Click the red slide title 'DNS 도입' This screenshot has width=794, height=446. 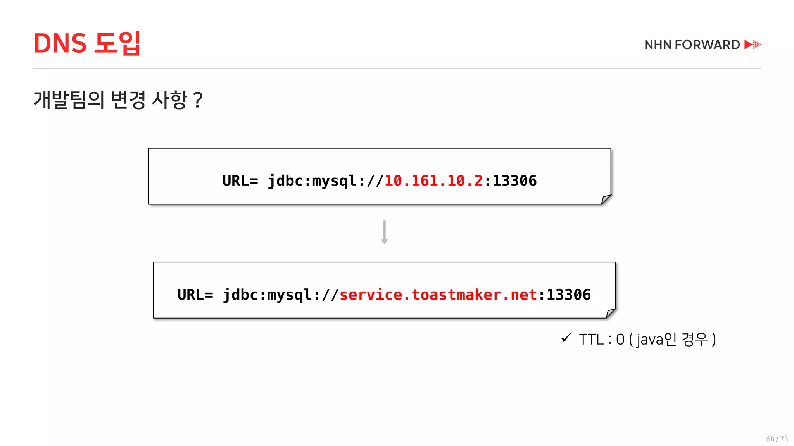[x=87, y=43]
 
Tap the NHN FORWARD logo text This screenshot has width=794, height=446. [x=692, y=45]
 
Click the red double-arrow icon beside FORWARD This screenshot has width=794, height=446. [x=753, y=45]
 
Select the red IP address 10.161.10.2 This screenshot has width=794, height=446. [x=433, y=181]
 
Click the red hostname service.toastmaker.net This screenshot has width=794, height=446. [x=438, y=295]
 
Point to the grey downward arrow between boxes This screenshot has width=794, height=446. [x=384, y=232]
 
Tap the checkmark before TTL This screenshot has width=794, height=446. [x=566, y=338]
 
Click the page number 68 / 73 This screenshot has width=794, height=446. [x=777, y=439]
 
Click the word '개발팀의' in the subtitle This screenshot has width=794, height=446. [x=69, y=99]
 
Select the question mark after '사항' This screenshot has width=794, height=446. [x=197, y=100]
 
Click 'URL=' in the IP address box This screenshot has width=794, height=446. [x=240, y=181]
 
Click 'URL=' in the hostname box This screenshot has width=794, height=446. [x=195, y=295]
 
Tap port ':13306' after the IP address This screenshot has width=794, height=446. [x=511, y=181]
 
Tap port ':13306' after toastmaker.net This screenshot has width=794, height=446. [x=565, y=295]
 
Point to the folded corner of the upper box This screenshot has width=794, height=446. [x=606, y=199]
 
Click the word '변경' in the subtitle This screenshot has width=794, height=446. [x=128, y=99]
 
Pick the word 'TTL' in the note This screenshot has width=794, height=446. [x=591, y=340]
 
